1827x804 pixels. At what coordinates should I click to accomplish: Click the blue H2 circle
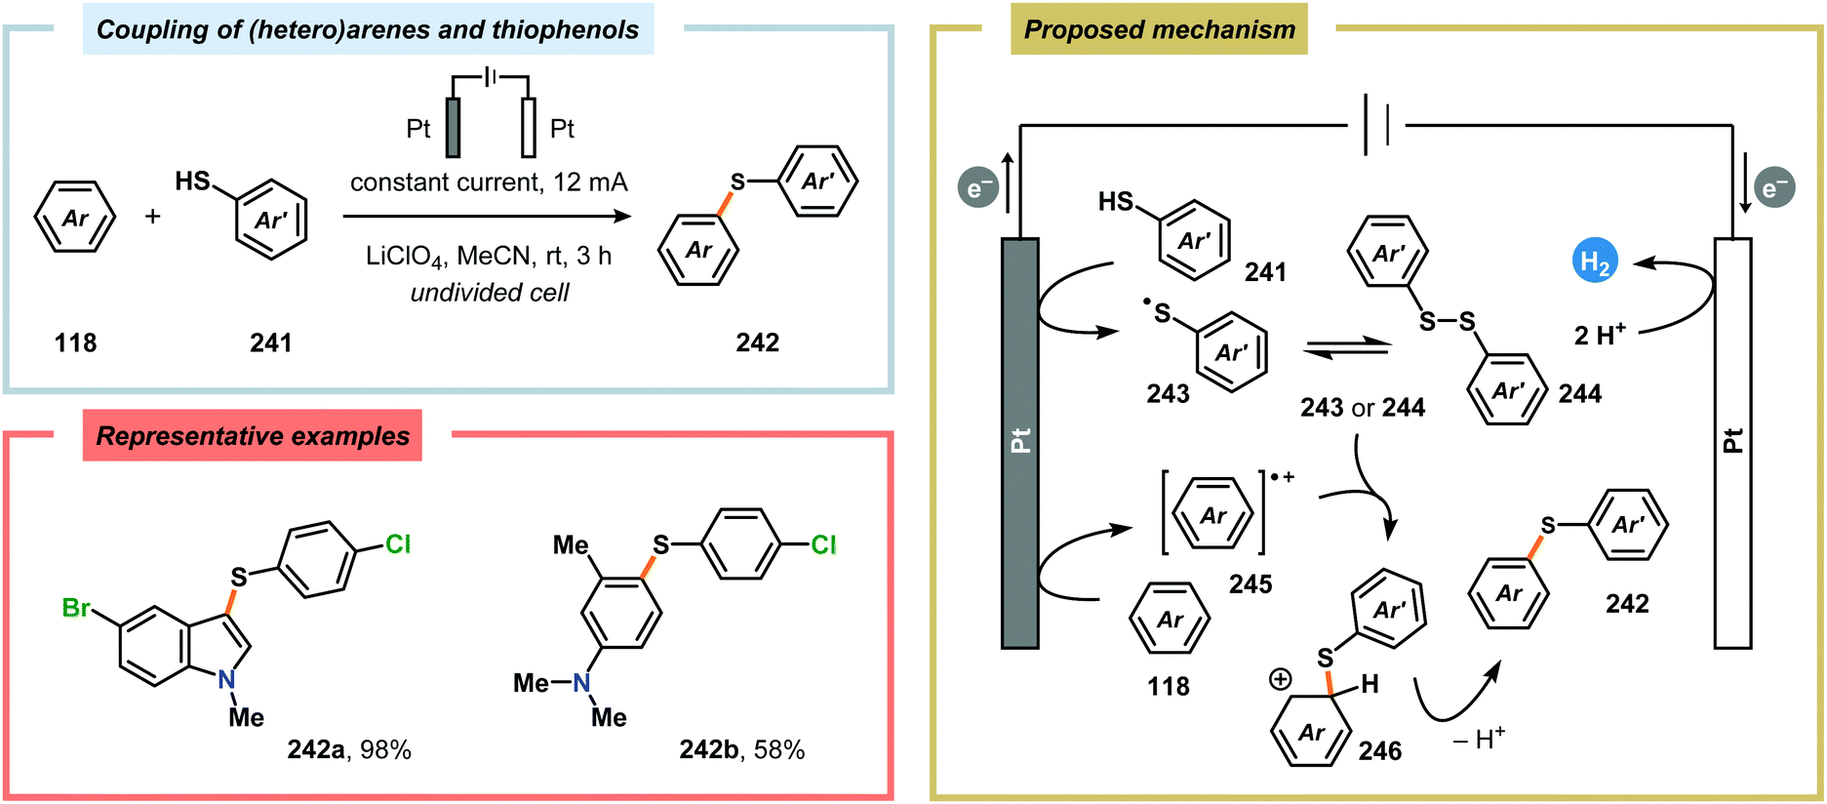[x=1595, y=261]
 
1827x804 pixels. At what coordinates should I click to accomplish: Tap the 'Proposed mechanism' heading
[x=1159, y=30]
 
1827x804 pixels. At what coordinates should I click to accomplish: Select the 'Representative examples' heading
[x=253, y=436]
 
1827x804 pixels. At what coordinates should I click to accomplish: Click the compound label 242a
[x=316, y=749]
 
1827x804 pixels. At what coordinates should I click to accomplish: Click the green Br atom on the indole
[x=75, y=608]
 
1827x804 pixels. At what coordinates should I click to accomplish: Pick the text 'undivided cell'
[x=489, y=293]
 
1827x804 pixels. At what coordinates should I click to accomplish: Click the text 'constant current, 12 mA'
[x=489, y=182]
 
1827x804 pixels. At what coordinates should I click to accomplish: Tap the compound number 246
[x=1379, y=750]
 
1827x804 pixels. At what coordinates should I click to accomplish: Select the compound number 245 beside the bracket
[x=1250, y=583]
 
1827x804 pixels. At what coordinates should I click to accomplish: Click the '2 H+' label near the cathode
[x=1599, y=335]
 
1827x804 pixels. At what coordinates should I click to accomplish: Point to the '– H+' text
[x=1479, y=739]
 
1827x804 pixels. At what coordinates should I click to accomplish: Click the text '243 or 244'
[x=1362, y=407]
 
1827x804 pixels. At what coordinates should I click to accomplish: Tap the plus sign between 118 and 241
[x=153, y=217]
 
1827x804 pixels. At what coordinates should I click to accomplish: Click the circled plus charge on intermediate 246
[x=1280, y=679]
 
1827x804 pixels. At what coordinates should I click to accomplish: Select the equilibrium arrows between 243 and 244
[x=1346, y=347]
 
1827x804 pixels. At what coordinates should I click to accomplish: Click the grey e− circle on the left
[x=977, y=188]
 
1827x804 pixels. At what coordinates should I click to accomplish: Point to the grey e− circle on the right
[x=1774, y=188]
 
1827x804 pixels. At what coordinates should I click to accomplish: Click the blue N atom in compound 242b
[x=581, y=683]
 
